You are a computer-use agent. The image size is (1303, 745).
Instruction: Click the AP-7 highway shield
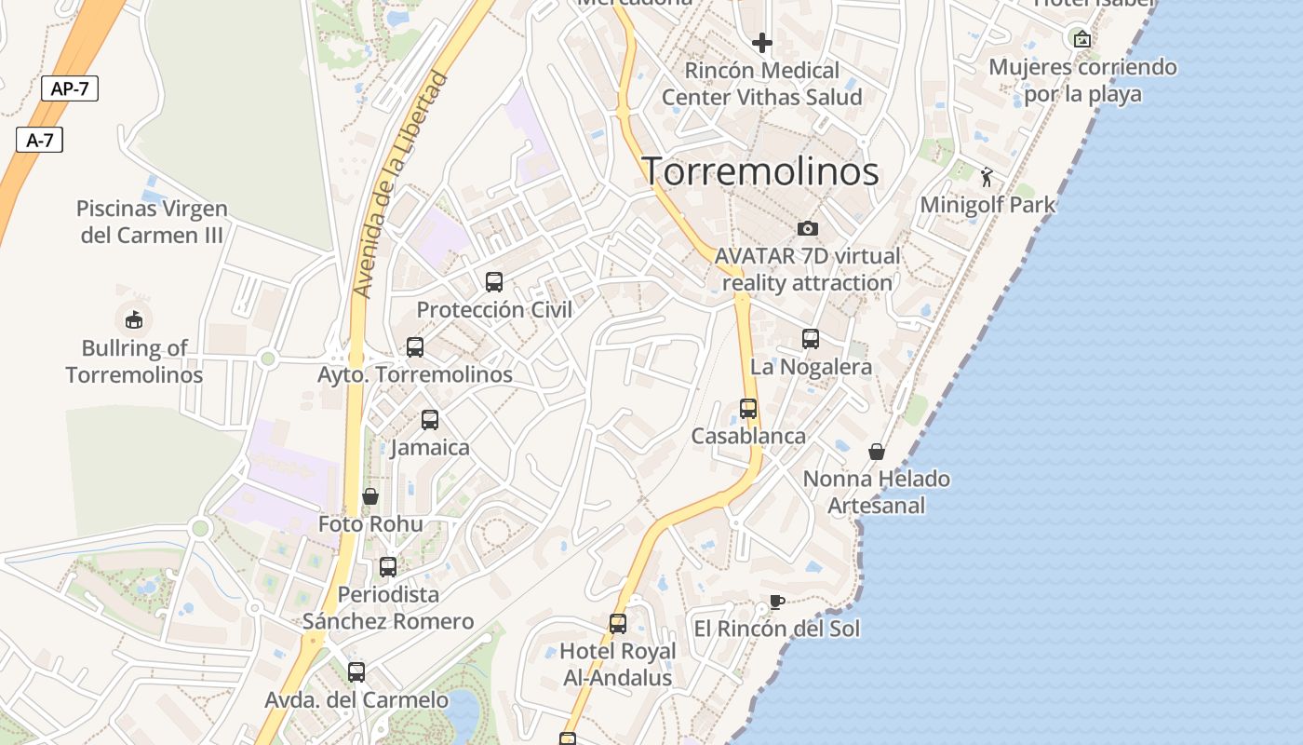coord(70,88)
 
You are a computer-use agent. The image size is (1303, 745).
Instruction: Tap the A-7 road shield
coord(39,141)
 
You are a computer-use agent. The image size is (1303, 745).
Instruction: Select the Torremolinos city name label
coord(760,171)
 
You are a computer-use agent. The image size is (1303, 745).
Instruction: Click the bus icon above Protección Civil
coord(494,281)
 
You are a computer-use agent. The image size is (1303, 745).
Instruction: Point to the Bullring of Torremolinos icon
coord(134,319)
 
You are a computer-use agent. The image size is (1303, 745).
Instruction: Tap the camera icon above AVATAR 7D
coord(807,228)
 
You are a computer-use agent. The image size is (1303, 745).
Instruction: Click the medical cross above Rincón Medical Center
coord(762,43)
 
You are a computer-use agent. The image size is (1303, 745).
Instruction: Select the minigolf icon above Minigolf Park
coord(987,177)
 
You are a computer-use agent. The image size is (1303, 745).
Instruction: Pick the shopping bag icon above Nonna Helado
coord(877,452)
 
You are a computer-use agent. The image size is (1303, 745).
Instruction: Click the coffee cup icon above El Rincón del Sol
coord(776,601)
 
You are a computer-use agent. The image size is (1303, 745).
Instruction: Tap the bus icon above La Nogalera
coord(811,339)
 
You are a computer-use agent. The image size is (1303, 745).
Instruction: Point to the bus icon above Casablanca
coord(748,408)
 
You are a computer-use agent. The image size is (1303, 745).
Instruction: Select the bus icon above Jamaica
coord(429,419)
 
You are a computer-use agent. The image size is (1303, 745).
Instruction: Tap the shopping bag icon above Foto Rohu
coord(370,496)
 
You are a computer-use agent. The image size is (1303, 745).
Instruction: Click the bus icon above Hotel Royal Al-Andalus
coord(617,623)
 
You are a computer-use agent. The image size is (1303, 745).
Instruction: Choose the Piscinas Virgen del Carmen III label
coord(152,222)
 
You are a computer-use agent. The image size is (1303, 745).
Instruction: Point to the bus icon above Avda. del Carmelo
coord(356,671)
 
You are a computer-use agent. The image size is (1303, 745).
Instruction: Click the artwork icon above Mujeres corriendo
coord(1081,39)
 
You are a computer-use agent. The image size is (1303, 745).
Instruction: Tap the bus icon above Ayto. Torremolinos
coord(415,347)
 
